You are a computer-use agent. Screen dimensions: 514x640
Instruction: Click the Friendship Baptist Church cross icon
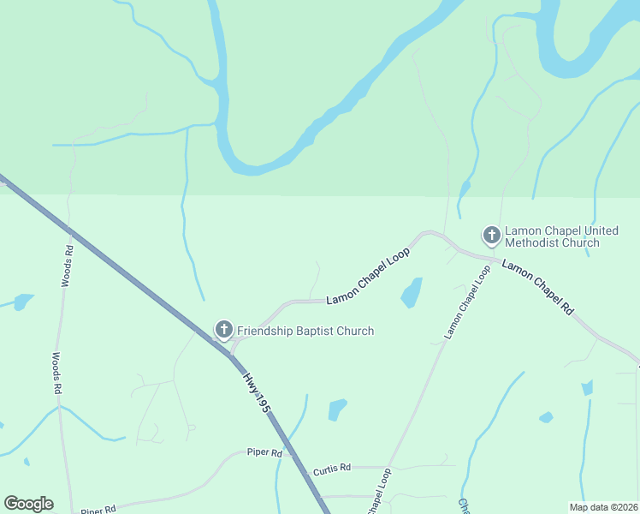point(223,330)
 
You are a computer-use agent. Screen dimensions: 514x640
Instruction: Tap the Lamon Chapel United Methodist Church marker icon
point(492,235)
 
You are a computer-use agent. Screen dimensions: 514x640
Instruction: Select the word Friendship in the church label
point(268,331)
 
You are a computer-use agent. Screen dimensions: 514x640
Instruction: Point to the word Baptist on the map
point(323,331)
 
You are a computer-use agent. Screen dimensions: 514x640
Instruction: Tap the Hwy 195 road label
point(256,393)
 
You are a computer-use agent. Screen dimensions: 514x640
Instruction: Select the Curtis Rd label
point(332,469)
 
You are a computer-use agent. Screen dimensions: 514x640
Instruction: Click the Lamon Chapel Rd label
point(536,287)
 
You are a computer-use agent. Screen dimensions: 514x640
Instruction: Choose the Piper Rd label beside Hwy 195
point(264,452)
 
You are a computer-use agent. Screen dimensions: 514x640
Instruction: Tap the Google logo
point(28,504)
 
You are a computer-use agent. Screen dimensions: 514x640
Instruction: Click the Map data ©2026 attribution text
point(602,507)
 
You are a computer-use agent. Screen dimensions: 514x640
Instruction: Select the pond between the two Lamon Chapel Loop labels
point(412,292)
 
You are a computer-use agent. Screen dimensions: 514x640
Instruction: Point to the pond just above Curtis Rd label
point(337,409)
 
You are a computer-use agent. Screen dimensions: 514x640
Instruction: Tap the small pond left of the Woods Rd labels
point(23,302)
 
